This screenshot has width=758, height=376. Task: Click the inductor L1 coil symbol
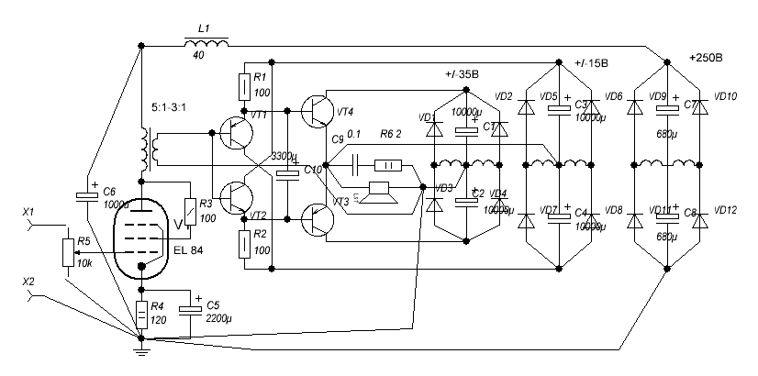[206, 43]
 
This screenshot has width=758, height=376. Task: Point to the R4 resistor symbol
[140, 315]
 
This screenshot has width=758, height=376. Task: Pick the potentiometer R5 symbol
[67, 251]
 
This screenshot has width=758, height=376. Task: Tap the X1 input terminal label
[28, 213]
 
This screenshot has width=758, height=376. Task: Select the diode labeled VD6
[633, 107]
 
